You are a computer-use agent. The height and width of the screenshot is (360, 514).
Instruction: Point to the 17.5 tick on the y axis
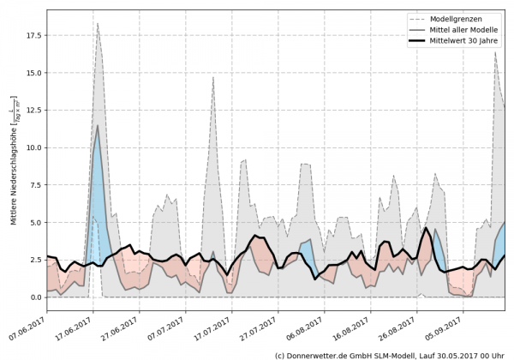pos(33,36)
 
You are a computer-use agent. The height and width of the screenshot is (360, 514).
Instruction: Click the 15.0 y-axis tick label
pos(33,74)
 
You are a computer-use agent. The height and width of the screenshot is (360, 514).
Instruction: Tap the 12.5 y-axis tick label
pos(33,111)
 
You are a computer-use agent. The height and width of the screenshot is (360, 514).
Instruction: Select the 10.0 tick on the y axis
pos(33,148)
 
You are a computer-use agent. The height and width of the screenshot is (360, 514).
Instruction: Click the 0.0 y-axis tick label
pos(35,297)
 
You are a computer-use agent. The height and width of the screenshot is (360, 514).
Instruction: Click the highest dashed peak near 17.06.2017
pos(98,24)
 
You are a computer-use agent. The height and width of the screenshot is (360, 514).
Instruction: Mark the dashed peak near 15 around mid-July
pos(213,77)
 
